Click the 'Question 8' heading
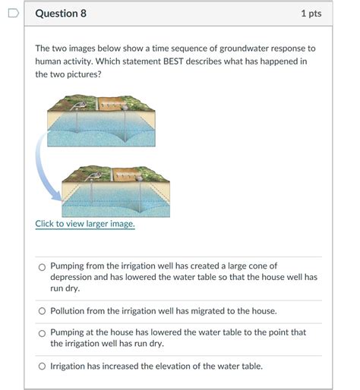[x=61, y=14]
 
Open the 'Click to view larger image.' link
[x=85, y=224]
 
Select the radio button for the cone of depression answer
[x=42, y=266]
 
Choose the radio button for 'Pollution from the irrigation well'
[x=42, y=311]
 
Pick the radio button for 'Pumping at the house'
[x=42, y=333]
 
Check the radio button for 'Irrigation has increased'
[x=42, y=366]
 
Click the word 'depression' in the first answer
[x=74, y=278]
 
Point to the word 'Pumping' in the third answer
[x=68, y=333]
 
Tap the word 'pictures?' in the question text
[x=87, y=75]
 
